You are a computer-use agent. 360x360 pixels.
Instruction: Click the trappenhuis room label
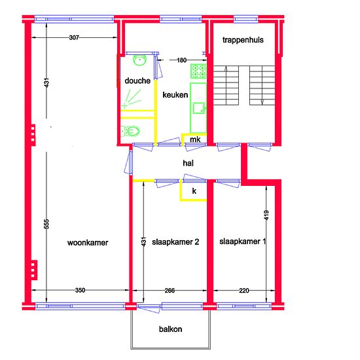243,40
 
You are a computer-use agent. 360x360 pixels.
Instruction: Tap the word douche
137,81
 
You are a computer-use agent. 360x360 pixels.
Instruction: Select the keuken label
175,95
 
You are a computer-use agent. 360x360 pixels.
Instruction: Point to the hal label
188,163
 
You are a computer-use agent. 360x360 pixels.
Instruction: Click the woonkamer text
88,243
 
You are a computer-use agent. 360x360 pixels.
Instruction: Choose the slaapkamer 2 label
175,242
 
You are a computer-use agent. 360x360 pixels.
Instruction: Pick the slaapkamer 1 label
243,242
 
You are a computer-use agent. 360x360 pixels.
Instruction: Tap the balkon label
171,329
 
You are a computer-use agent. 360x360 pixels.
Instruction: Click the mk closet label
195,139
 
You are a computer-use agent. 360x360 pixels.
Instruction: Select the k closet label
194,190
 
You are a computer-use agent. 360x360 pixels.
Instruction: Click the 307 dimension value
74,37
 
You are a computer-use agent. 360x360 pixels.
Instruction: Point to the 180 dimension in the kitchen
181,60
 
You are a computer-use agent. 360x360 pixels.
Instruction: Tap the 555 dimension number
46,224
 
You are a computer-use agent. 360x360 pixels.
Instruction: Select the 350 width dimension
80,290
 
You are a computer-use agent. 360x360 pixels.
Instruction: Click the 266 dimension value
170,291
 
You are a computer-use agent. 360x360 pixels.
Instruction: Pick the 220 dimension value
244,291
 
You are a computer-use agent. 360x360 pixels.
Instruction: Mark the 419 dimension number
266,215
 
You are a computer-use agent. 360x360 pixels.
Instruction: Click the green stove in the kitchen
198,71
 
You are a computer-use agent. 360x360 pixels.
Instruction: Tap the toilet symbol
130,132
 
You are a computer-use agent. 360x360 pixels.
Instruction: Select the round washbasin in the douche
139,60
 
